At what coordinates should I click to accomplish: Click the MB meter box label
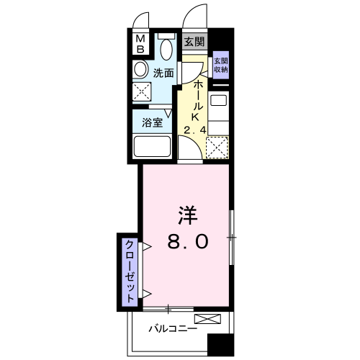[140, 44]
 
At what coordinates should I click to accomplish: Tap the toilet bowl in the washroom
[166, 49]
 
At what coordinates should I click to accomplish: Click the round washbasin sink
[140, 70]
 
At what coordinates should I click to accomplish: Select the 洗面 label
[163, 73]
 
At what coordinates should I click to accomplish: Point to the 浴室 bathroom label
[153, 122]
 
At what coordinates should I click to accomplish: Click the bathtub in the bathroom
[152, 146]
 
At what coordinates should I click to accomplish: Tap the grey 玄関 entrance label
[194, 42]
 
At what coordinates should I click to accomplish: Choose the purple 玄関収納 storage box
[221, 66]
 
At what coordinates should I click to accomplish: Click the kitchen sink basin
[218, 100]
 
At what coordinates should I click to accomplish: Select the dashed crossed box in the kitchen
[217, 148]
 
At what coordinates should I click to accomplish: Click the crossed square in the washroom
[142, 91]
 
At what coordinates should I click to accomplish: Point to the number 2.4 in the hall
[195, 130]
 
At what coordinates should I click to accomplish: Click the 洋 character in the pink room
[188, 215]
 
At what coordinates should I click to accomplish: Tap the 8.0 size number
[188, 241]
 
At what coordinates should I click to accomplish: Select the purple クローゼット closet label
[130, 272]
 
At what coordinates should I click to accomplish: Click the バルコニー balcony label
[173, 328]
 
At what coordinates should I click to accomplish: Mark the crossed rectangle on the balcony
[207, 319]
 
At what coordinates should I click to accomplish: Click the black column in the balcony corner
[220, 345]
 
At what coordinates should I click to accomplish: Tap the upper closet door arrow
[147, 246]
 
